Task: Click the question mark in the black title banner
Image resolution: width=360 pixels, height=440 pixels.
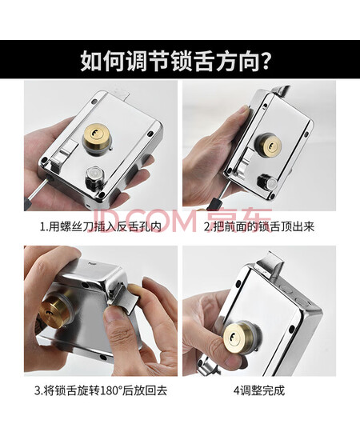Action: pyautogui.click(x=263, y=60)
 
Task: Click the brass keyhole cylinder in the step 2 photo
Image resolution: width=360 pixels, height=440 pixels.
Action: pyautogui.click(x=270, y=146)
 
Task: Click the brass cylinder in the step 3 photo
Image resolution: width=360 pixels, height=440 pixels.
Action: pyautogui.click(x=54, y=310)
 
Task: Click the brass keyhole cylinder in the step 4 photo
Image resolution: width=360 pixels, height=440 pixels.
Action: pyautogui.click(x=236, y=336)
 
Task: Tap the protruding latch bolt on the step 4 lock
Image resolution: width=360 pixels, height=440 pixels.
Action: pyautogui.click(x=270, y=263)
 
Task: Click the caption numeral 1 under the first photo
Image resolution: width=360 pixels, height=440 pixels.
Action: pyautogui.click(x=42, y=226)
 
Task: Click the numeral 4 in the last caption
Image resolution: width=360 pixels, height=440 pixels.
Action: pyautogui.click(x=236, y=390)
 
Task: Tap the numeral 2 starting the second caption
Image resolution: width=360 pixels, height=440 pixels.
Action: pyautogui.click(x=206, y=226)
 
